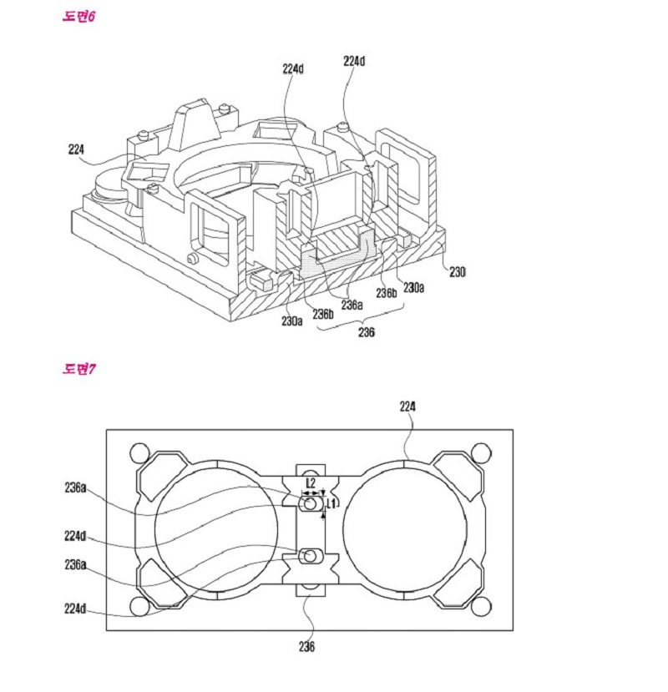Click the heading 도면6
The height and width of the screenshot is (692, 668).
(x=79, y=17)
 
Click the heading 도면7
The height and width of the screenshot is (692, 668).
(x=79, y=368)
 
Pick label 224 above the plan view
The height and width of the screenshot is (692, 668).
(x=407, y=407)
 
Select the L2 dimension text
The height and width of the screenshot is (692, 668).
(x=310, y=483)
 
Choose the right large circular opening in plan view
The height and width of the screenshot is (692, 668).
(x=404, y=531)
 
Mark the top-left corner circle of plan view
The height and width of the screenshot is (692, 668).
(x=136, y=453)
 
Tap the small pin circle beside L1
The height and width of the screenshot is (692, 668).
(x=311, y=504)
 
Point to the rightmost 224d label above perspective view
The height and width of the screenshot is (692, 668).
(x=354, y=61)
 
